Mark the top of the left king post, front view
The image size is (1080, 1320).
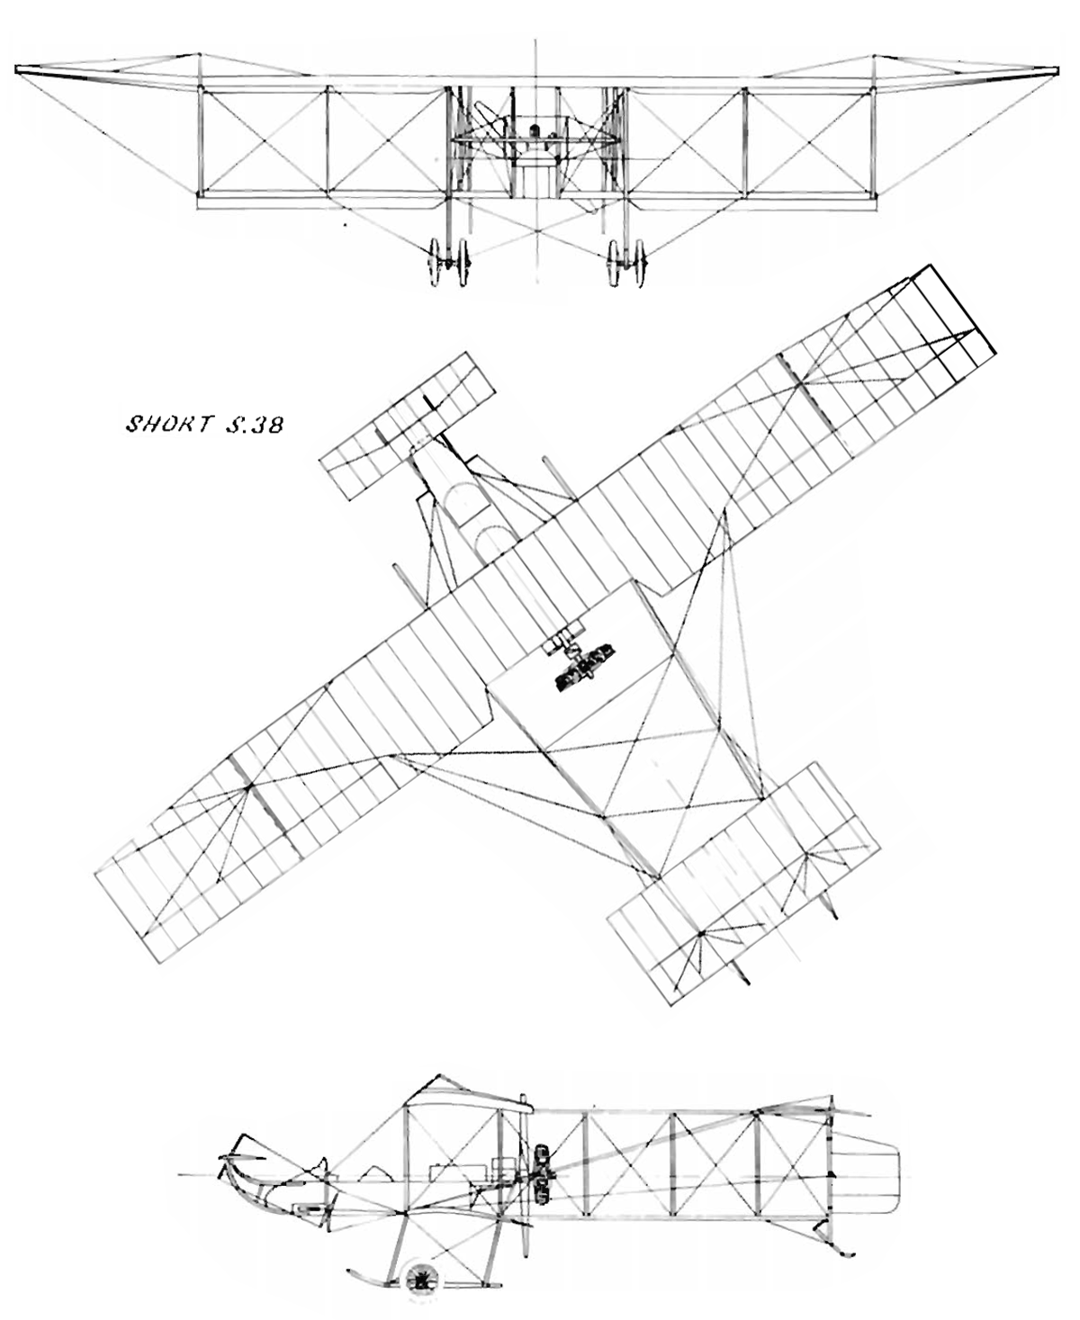tap(199, 55)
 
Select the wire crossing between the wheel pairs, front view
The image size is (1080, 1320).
tap(537, 231)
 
